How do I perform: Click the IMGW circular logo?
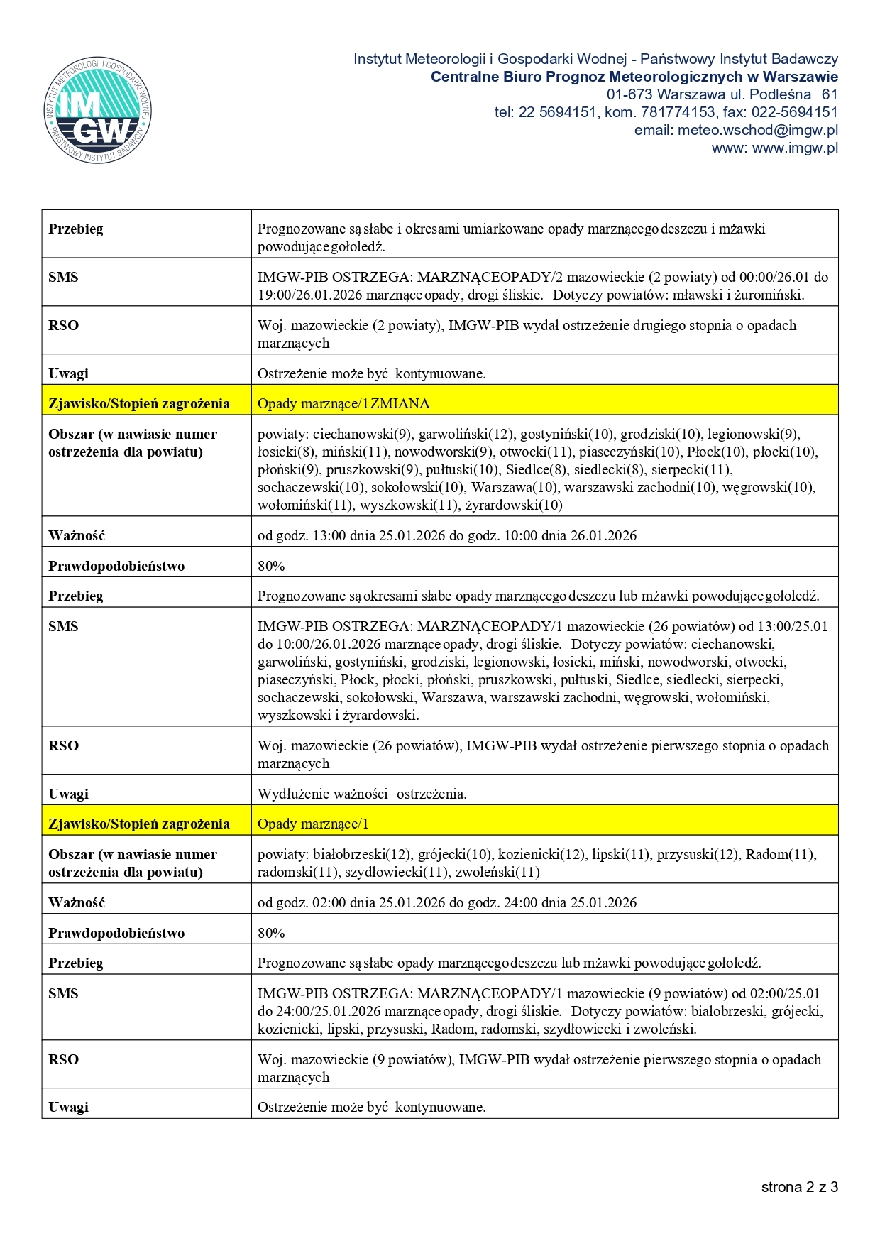pos(97,111)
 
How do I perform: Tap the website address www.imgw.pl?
pos(775,148)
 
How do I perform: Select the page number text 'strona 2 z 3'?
pos(799,1187)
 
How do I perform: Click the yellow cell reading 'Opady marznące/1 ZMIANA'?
pos(343,403)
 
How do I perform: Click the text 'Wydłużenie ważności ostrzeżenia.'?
pos(362,794)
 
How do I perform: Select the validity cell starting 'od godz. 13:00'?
pos(447,535)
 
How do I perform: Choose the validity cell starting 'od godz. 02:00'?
pos(447,902)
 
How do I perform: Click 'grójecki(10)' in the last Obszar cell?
pos(454,854)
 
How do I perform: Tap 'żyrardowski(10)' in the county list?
pos(513,505)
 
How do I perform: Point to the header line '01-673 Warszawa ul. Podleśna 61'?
pos(722,94)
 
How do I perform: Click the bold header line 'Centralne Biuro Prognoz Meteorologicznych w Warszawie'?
pos(634,77)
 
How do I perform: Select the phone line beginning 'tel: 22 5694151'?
pos(666,112)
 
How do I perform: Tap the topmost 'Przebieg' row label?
pos(76,229)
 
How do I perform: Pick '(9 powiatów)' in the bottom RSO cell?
pos(412,1059)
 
